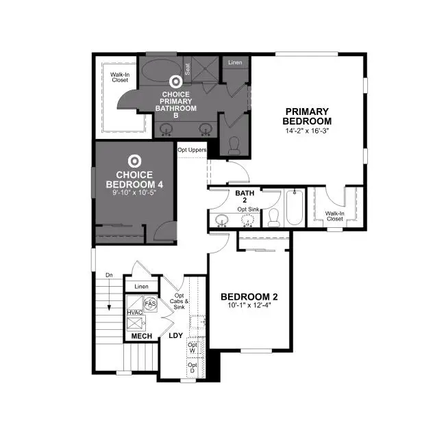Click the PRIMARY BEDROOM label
click(x=308, y=116)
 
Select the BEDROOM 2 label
click(x=249, y=296)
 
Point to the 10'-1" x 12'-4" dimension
click(x=249, y=305)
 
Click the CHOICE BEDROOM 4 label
click(x=134, y=179)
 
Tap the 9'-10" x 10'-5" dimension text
click(x=134, y=194)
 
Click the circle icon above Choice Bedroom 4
click(x=135, y=161)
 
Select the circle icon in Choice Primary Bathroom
click(x=175, y=81)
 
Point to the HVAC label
click(x=134, y=313)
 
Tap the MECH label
click(x=141, y=336)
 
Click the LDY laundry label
click(x=176, y=336)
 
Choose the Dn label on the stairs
click(x=109, y=275)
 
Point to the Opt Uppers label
click(x=192, y=150)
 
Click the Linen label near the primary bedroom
click(x=235, y=62)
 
